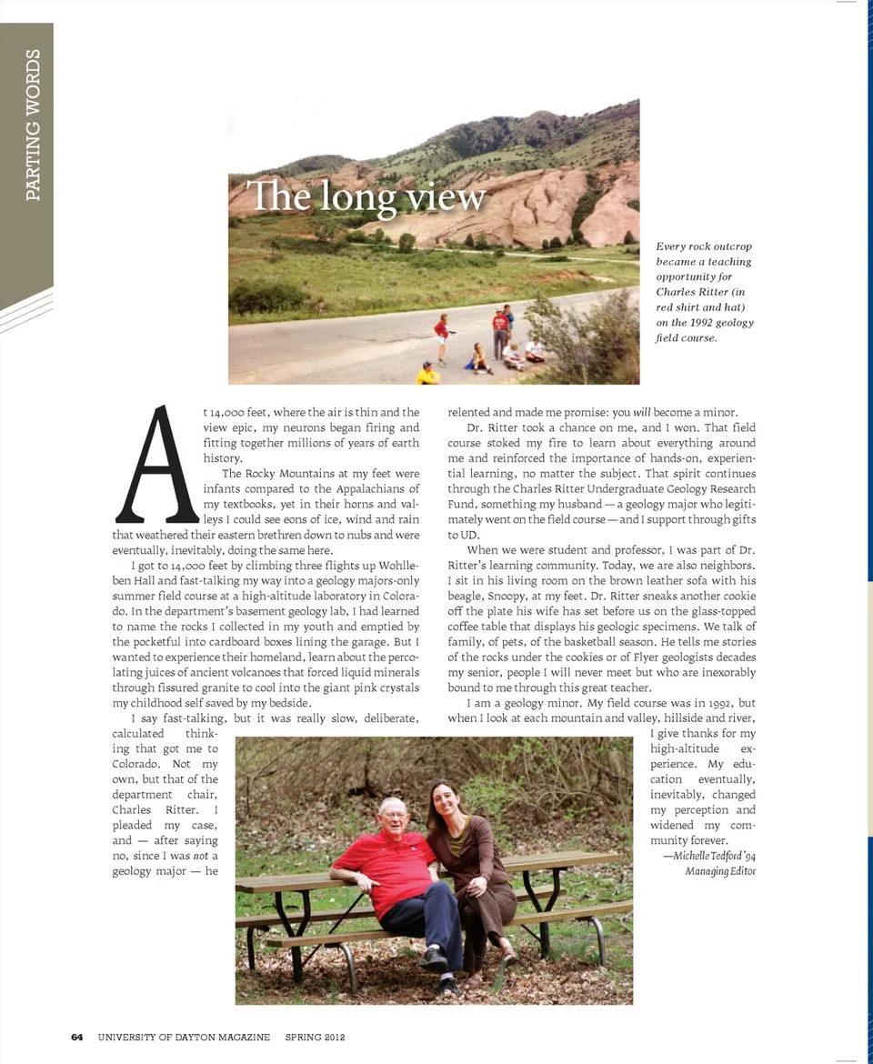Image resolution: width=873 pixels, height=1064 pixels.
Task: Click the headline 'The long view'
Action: tap(367, 196)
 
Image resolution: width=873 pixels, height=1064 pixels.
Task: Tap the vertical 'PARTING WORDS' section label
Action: tap(33, 125)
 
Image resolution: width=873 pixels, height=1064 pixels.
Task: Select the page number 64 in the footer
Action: tap(77, 1037)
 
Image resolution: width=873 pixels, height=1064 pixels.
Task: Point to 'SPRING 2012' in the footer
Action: tap(315, 1037)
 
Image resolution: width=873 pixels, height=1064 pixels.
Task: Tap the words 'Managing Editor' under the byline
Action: tap(720, 871)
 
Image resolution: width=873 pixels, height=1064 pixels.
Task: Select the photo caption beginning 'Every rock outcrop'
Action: tap(704, 291)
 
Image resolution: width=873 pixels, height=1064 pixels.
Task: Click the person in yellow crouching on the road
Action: tap(427, 373)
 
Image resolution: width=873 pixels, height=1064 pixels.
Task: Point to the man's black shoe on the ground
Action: tap(434, 958)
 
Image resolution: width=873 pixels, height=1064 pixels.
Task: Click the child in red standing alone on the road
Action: tap(442, 335)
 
